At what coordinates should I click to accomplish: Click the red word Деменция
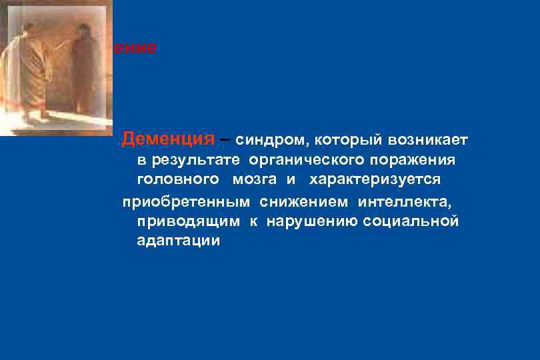168,140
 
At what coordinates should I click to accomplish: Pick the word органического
304,161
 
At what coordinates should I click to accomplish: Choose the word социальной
411,221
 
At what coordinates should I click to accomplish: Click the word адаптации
178,241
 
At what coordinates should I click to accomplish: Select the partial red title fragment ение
136,48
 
